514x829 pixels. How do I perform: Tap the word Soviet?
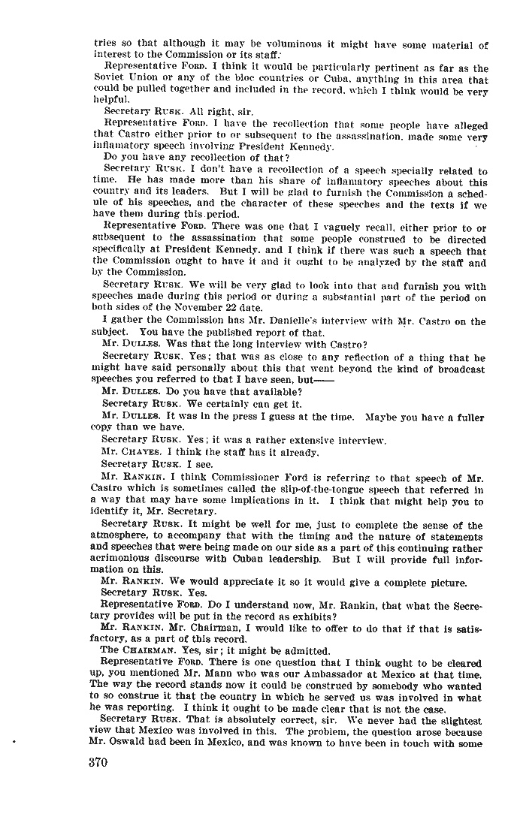coord(110,80)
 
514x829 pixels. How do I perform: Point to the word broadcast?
coord(460,369)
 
